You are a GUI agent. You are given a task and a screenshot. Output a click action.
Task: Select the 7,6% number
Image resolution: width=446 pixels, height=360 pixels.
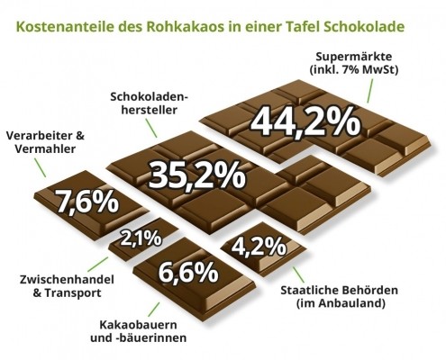tap(87, 201)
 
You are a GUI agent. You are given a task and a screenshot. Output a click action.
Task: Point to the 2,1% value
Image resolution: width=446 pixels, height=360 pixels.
tap(141, 238)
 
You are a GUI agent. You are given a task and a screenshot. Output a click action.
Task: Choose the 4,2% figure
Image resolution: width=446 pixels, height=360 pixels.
tap(259, 245)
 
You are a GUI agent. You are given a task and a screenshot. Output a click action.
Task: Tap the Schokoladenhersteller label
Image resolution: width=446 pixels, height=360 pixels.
tap(149, 102)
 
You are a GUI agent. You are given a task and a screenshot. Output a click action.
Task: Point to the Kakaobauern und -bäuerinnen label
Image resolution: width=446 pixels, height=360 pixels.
tap(144, 330)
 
